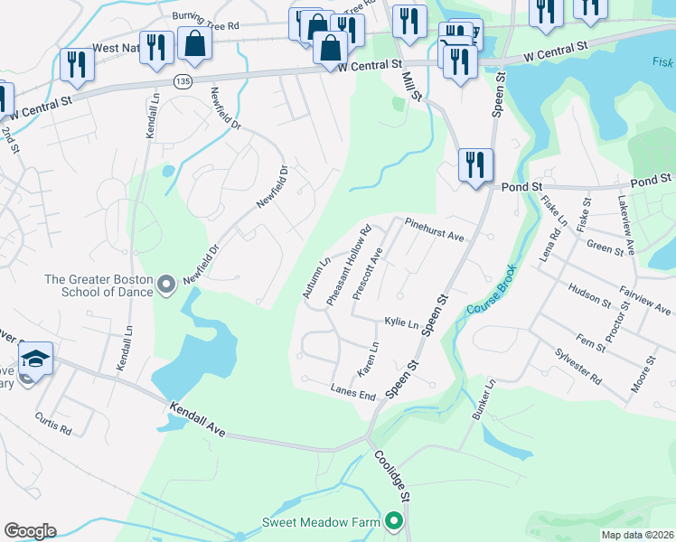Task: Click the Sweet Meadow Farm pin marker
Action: [x=393, y=521]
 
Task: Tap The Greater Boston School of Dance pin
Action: [x=164, y=285]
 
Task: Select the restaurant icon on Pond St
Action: [x=475, y=165]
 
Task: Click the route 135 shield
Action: [x=183, y=81]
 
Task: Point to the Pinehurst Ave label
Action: [x=434, y=229]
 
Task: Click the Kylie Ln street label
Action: [x=401, y=322]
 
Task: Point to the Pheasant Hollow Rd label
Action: [x=350, y=265]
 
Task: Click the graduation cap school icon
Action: [x=35, y=359]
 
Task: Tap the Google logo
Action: [x=30, y=531]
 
